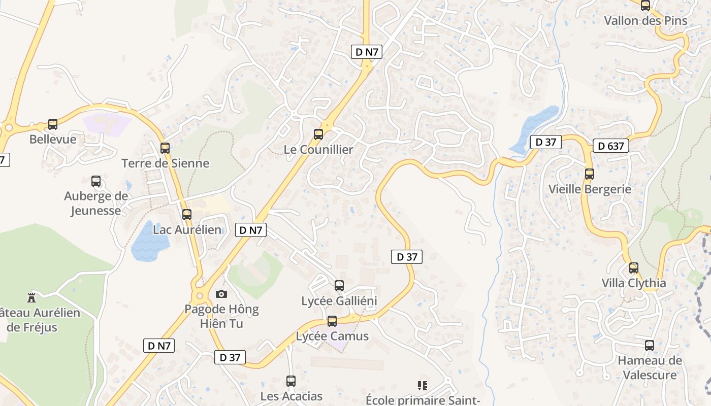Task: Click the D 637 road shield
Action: pyautogui.click(x=610, y=146)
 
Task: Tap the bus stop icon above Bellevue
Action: pyautogui.click(x=53, y=124)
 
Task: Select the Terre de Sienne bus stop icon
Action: pyautogui.click(x=165, y=148)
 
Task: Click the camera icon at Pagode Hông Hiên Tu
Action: pyautogui.click(x=221, y=294)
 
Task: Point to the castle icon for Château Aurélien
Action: pyautogui.click(x=31, y=297)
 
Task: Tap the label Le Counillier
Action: pyautogui.click(x=318, y=150)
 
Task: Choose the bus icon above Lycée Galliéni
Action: pyautogui.click(x=339, y=286)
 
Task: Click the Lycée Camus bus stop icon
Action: pyautogui.click(x=332, y=321)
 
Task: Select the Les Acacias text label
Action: pyautogui.click(x=291, y=396)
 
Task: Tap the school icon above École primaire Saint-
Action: pyautogui.click(x=422, y=386)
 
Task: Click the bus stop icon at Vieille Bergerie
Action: pyautogui.click(x=590, y=174)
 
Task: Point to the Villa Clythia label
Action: pyautogui.click(x=633, y=283)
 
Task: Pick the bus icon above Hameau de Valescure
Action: pyautogui.click(x=650, y=346)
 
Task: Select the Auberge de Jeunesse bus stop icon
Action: pyautogui.click(x=96, y=181)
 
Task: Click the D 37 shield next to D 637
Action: pyautogui.click(x=546, y=142)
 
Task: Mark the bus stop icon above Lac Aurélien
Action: pyautogui.click(x=187, y=215)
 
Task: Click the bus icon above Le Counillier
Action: pyautogui.click(x=318, y=134)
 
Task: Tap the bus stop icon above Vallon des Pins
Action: pyautogui.click(x=645, y=6)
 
